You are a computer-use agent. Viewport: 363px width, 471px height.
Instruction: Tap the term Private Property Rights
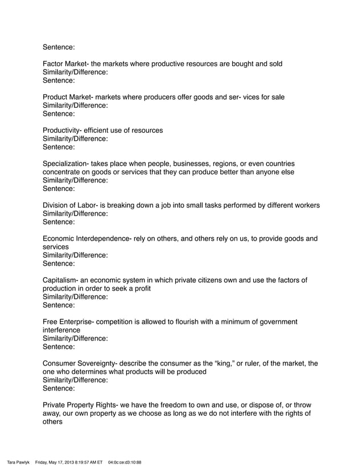tap(79, 405)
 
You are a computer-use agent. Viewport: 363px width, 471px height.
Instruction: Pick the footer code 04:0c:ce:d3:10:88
tap(124, 462)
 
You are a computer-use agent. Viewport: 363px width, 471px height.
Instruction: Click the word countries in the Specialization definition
tap(296, 164)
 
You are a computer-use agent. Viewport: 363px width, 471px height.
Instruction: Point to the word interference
tap(62, 330)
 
